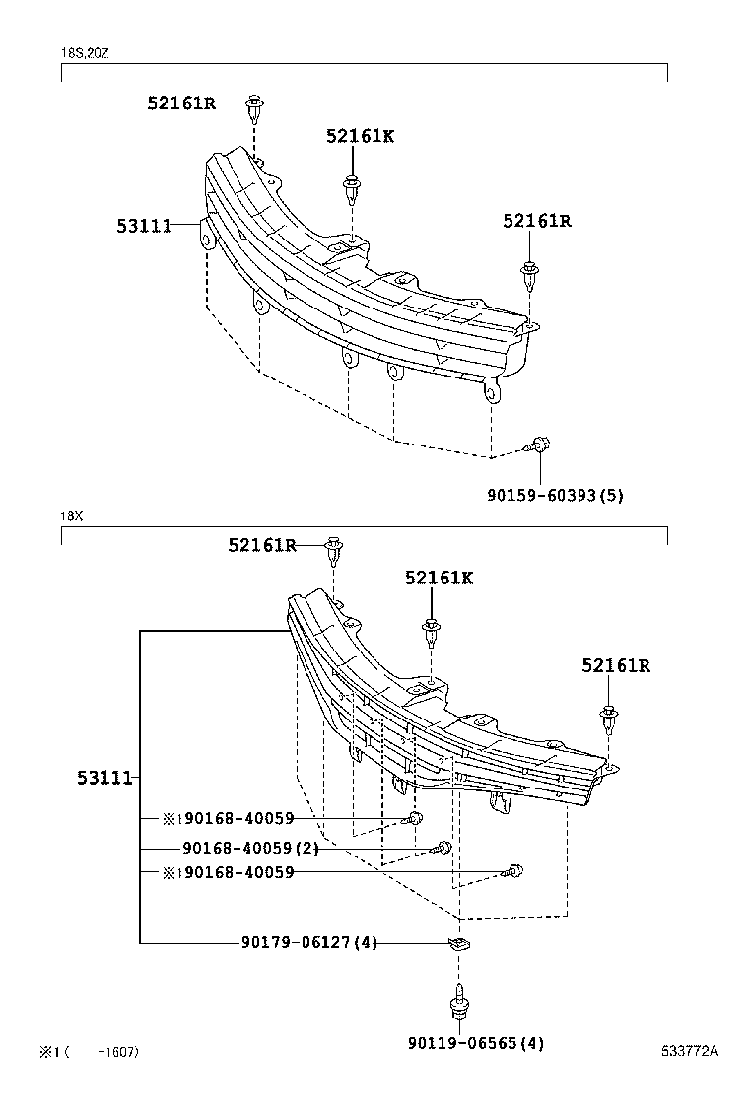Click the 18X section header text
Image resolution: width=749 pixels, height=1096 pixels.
(70, 515)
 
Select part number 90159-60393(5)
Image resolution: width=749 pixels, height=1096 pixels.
(555, 496)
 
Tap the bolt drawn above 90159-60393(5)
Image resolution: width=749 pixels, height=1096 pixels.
(539, 445)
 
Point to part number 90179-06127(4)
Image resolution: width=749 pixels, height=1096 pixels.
(308, 943)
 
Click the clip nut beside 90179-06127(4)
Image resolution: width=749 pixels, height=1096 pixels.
(459, 944)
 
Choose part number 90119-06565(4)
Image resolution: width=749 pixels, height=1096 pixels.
(475, 1043)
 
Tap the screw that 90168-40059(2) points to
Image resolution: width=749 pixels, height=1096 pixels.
(444, 848)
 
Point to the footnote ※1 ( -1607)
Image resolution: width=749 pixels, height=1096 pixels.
(89, 1052)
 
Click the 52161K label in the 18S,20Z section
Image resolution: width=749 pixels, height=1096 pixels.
(360, 136)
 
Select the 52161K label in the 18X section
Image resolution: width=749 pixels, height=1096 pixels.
(439, 578)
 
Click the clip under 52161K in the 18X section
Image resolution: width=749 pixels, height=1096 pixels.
(431, 629)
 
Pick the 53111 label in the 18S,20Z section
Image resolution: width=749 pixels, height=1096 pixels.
(144, 226)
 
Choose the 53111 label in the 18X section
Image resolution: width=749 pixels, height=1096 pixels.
(104, 778)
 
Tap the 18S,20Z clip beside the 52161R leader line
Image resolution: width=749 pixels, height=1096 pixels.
(255, 104)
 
